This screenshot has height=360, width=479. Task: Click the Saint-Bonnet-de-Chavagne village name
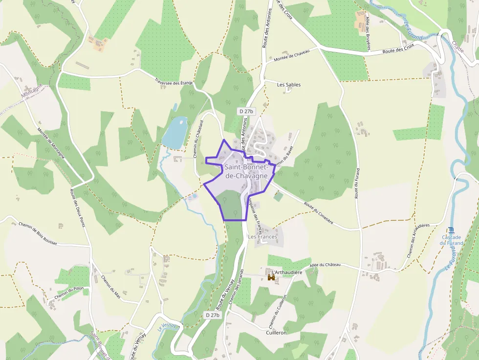click(x=246, y=171)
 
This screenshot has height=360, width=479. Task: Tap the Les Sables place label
click(x=289, y=85)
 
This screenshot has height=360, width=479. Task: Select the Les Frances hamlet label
click(x=262, y=237)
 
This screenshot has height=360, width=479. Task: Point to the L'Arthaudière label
click(x=287, y=272)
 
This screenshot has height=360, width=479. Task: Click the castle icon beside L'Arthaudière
click(x=271, y=277)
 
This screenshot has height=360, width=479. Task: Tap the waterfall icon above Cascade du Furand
click(x=451, y=230)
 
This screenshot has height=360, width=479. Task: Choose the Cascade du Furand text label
click(x=451, y=240)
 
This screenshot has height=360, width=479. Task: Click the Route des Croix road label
click(x=398, y=50)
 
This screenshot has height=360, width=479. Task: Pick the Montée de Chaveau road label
click(x=292, y=56)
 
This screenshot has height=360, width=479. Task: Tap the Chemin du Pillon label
click(x=69, y=293)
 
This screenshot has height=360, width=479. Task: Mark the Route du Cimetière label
click(x=318, y=212)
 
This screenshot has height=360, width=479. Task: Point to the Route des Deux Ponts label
click(x=77, y=208)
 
